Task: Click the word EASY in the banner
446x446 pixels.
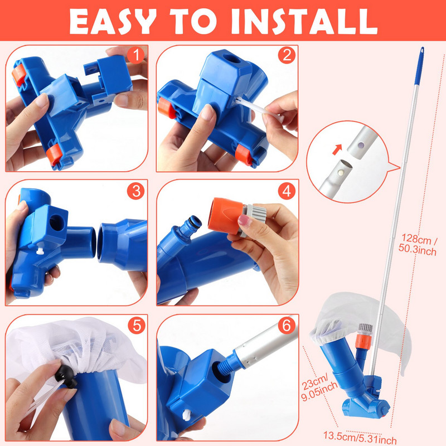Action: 113,21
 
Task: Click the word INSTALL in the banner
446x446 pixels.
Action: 304,21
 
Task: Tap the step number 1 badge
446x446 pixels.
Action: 136,55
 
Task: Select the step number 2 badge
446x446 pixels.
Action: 287,55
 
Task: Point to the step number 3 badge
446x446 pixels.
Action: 136,191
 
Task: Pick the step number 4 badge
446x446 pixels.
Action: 287,191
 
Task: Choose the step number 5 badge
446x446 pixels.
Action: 137,325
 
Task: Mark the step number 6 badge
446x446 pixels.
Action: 287,325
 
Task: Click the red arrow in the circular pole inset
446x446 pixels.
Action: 337,149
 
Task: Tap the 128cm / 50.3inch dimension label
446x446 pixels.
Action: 418,245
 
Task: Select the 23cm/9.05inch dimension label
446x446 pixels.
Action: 319,387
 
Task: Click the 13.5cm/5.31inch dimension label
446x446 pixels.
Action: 360,438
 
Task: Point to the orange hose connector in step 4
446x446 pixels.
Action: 226,216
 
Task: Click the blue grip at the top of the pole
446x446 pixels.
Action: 419,66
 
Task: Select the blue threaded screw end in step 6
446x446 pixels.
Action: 227,363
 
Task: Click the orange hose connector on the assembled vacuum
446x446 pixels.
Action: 362,341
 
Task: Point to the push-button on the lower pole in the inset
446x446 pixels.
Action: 340,172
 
